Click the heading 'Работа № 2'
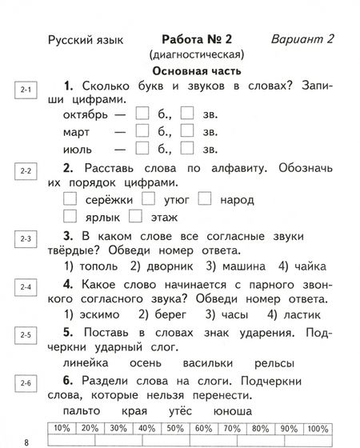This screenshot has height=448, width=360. (x=196, y=39)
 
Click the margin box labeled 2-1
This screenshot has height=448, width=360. (x=26, y=90)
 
